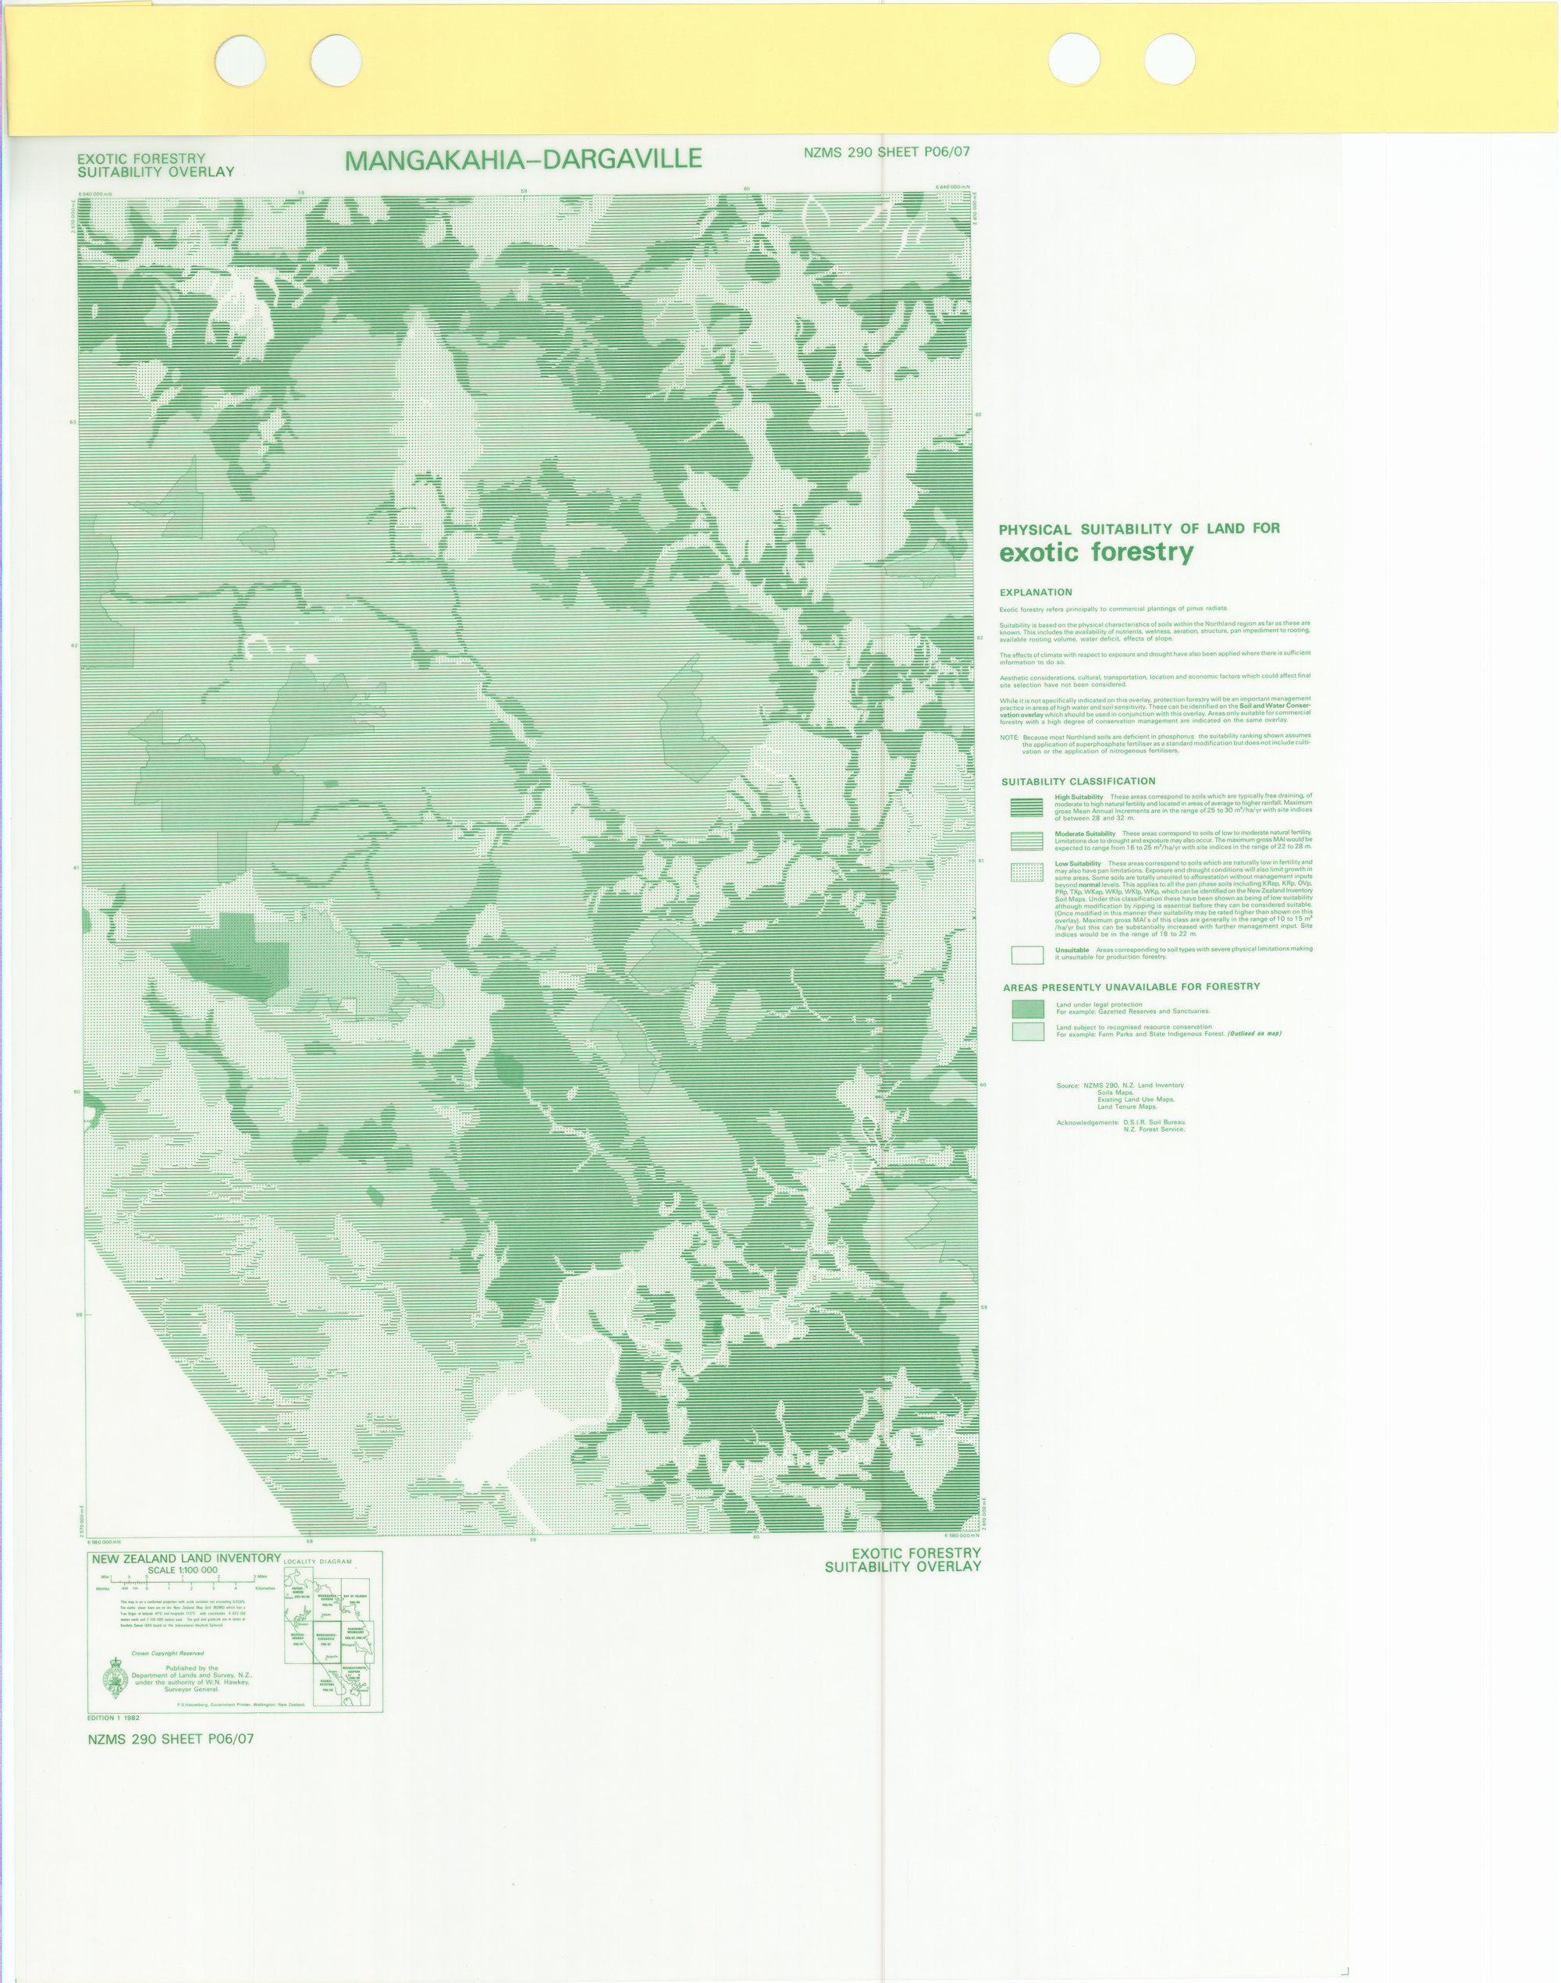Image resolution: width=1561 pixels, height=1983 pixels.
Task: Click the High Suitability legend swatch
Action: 1026,807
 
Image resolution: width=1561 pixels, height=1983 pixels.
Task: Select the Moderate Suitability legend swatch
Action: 1026,840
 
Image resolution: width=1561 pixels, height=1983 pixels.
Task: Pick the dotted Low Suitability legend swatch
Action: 1026,872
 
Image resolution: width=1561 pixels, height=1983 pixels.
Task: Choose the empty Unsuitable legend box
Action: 1026,955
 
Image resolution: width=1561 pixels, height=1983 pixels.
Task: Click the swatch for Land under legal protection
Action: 1027,1009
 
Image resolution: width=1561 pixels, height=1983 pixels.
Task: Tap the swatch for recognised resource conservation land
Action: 1027,1032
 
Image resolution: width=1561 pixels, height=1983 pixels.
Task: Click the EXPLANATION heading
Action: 1036,592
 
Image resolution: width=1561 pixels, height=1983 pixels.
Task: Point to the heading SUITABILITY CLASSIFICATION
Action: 1078,781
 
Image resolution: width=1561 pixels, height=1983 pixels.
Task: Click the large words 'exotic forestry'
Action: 1096,552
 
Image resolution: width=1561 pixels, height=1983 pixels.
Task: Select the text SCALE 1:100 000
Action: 183,1570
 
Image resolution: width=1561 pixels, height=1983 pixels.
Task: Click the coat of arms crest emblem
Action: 116,1678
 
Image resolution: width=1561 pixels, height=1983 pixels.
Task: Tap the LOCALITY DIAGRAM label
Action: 317,1562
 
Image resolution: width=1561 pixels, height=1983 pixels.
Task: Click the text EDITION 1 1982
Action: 113,1718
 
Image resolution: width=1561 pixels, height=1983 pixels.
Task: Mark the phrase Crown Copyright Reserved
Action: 167,1653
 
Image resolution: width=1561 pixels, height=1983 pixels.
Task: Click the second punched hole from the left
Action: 336,60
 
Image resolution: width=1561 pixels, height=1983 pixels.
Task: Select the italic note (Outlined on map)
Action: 1255,1033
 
